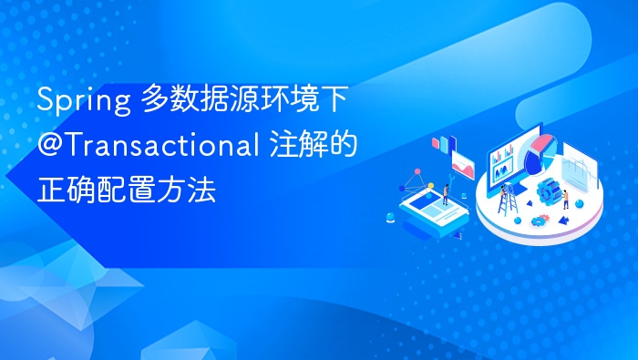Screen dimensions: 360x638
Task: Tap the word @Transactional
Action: point(143,145)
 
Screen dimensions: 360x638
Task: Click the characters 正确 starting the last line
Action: point(58,190)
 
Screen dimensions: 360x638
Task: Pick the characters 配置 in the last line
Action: point(126,190)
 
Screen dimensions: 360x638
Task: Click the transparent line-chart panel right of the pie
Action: point(578,168)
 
